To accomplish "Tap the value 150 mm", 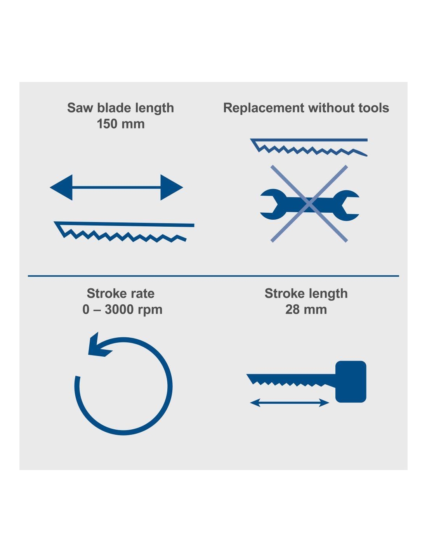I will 120,124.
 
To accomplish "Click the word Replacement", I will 264,108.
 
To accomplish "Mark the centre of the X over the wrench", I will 309,203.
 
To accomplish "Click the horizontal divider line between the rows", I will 213,276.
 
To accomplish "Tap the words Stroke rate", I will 120,293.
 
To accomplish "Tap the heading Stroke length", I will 306,293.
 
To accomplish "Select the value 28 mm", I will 306,309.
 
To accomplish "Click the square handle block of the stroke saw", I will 351,382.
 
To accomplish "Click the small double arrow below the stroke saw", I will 290,403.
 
